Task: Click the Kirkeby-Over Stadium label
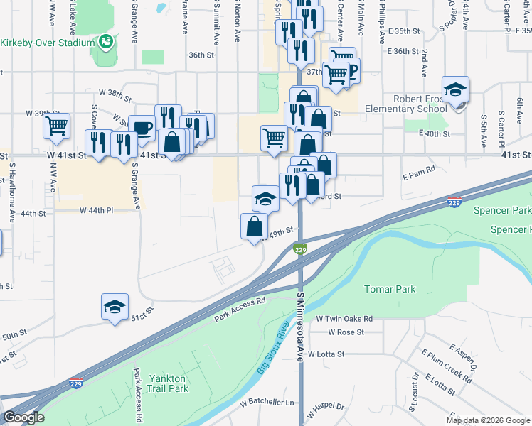[x=48, y=43]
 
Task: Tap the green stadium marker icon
[x=106, y=42]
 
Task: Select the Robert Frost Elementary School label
[x=421, y=104]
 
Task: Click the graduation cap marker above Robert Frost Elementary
[x=455, y=90]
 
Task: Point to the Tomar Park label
[x=389, y=289]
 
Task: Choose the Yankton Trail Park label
[x=168, y=383]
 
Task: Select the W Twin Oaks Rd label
[x=345, y=319]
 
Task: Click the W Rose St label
[x=346, y=332]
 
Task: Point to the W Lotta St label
[x=341, y=354]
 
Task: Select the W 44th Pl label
[x=96, y=211]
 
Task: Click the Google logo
[x=23, y=418]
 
